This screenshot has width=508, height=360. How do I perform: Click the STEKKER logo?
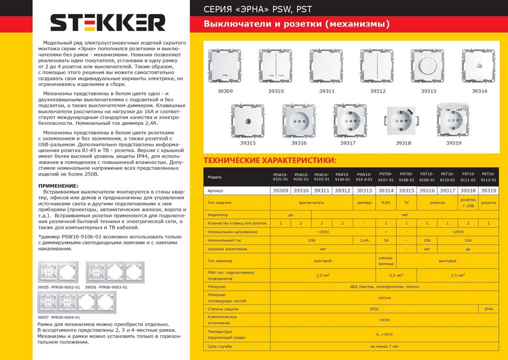tap(108, 23)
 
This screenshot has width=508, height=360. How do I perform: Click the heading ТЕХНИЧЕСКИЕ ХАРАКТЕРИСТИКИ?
tap(270, 161)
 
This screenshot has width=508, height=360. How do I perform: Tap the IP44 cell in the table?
tap(488, 309)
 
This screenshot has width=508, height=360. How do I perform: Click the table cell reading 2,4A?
tap(364, 240)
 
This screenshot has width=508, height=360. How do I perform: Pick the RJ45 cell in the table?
tap(386, 202)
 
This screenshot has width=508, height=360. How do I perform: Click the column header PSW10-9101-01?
tap(280, 177)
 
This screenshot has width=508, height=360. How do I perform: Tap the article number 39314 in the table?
tap(386, 190)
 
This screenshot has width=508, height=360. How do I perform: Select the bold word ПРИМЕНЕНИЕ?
tap(58, 186)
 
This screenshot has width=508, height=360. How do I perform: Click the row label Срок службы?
tap(220, 346)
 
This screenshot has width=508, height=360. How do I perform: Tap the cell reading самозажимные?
tap(386, 261)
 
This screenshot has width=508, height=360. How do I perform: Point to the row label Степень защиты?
tap(223, 309)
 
